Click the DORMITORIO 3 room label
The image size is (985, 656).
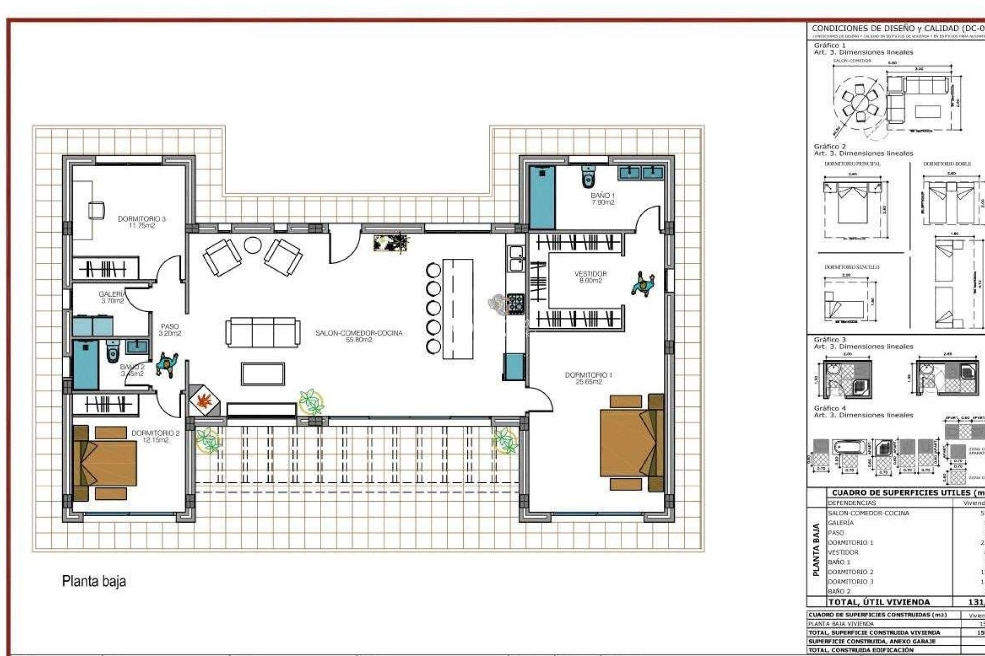pos(142,222)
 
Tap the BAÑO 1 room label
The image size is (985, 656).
pos(602,199)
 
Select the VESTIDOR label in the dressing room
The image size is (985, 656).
pos(590,277)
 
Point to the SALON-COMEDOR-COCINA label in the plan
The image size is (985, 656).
pos(359,336)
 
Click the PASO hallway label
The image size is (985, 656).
pos(170,330)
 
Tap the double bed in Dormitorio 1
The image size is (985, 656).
pos(631,442)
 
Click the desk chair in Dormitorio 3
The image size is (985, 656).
pos(96,210)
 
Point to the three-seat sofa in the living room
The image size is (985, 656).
pos(262,332)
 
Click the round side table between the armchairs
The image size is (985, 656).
pos(252,245)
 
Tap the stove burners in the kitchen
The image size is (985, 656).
pos(515,303)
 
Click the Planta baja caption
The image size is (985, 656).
pos(94,581)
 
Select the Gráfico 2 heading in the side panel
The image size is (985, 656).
pos(830,147)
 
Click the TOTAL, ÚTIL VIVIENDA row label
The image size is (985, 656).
pos(878,602)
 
